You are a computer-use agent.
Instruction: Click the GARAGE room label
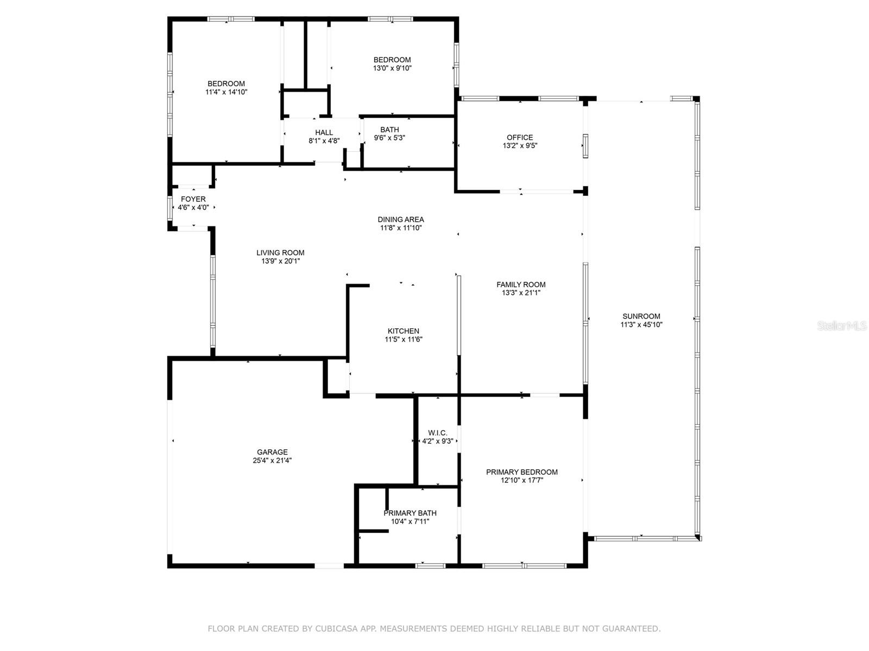272,452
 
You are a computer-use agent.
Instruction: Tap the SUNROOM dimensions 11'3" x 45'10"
641,324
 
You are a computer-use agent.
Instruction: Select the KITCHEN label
403,331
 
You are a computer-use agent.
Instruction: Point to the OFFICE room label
520,137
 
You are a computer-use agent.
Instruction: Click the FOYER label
193,199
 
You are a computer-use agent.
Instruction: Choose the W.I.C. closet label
437,433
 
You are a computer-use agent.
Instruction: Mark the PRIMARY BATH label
410,513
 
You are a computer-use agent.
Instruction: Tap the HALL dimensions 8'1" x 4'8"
324,141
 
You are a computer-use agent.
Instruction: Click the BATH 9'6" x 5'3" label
389,133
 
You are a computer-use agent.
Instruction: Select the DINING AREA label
401,219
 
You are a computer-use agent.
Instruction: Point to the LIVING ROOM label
280,253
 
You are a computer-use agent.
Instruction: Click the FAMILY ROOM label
521,284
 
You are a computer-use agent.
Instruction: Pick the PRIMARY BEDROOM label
522,471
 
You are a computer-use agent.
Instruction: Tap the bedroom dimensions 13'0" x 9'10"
392,68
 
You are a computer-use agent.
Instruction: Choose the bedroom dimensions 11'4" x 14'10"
226,92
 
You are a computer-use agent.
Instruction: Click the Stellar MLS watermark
842,325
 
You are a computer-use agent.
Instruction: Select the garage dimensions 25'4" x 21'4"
272,460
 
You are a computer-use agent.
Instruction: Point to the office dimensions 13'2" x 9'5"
520,145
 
